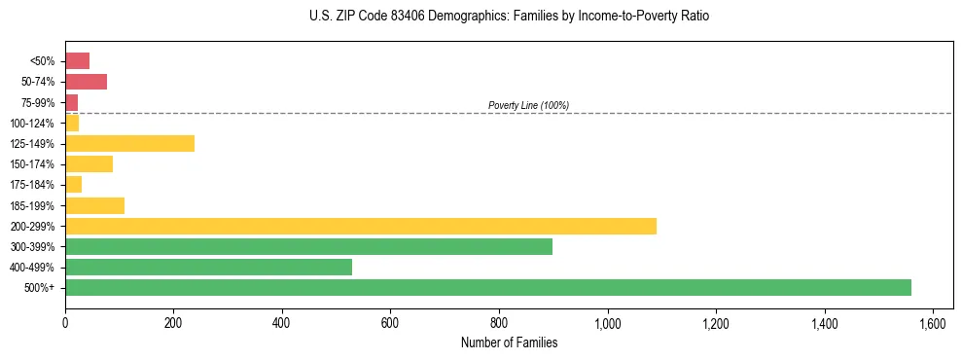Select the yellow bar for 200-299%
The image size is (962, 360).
[x=361, y=226]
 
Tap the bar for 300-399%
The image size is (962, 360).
[x=308, y=246]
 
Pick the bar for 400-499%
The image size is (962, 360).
[x=208, y=267]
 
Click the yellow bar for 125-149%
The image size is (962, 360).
[x=129, y=143]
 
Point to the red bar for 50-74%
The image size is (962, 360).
[x=86, y=82]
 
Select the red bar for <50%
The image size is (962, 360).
[x=77, y=61]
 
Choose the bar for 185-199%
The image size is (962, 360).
[x=94, y=205]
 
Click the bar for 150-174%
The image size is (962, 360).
[x=89, y=163]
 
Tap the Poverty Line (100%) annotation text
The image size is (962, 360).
[x=528, y=105]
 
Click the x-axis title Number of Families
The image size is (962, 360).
[x=509, y=342]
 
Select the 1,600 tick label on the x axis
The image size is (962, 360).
[x=933, y=323]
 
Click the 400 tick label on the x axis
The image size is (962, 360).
[x=282, y=323]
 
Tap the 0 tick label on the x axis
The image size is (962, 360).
[x=65, y=323]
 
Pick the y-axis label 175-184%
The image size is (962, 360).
[x=32, y=185]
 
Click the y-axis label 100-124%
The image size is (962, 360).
[x=32, y=124]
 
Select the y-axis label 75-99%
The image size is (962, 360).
[x=37, y=102]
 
